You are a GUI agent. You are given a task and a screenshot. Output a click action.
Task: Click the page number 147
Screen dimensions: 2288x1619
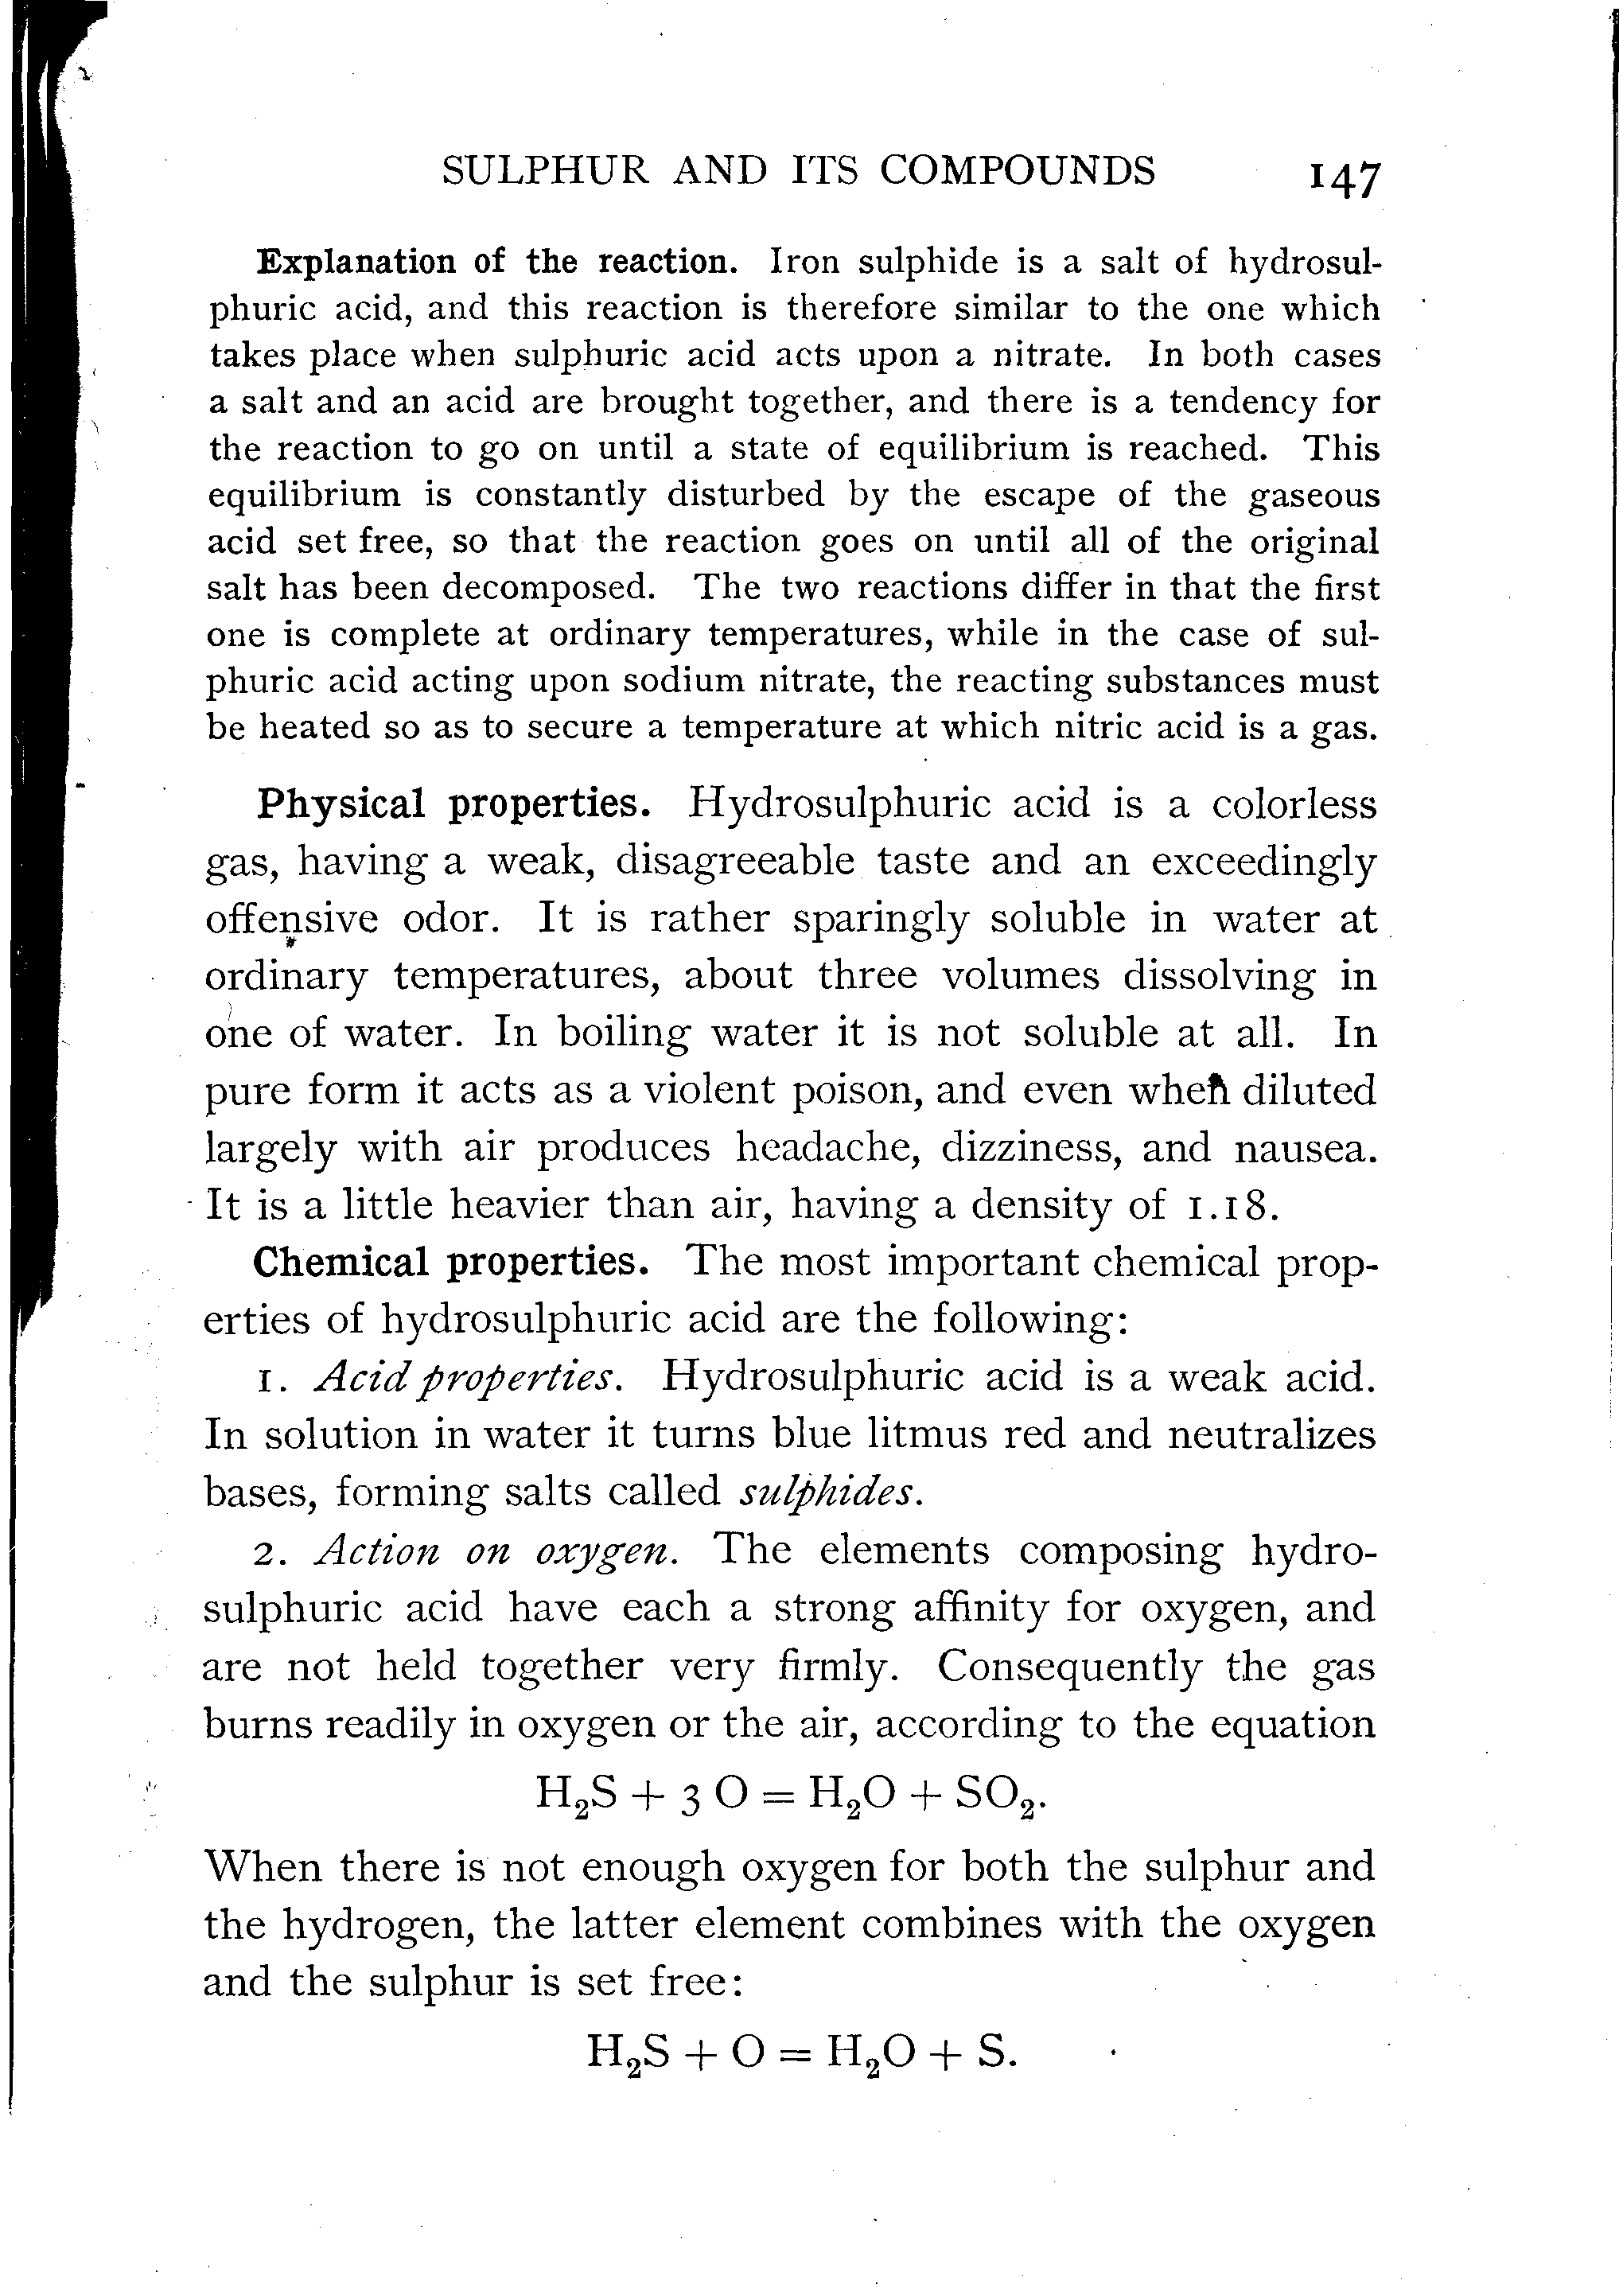pos(1345,180)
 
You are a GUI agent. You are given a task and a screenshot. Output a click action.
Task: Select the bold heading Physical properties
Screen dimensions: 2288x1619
pos(453,804)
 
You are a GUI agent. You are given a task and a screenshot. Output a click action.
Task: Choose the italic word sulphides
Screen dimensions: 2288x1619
pos(827,1492)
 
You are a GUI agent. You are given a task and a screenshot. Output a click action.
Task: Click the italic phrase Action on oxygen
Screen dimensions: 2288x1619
pos(496,1551)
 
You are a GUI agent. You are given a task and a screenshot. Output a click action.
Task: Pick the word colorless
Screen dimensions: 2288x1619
pos(1294,804)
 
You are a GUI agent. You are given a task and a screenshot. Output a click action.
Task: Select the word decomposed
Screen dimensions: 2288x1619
pos(548,587)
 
